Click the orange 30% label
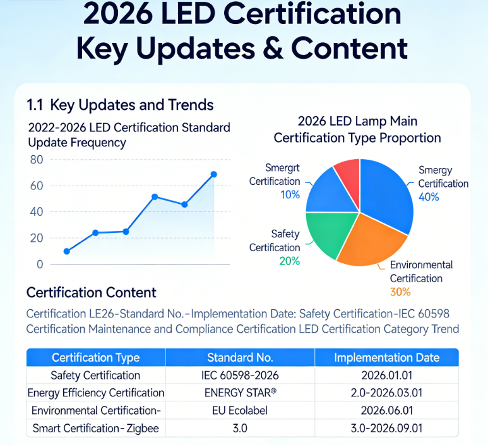coord(400,292)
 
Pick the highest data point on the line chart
coord(213,174)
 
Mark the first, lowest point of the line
coord(67,251)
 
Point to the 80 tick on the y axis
coord(37,160)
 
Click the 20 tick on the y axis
coord(37,238)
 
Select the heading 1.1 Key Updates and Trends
coord(120,105)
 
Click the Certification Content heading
coord(91,293)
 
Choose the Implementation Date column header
coord(386,358)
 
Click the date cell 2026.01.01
coord(386,376)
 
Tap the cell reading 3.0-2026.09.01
coord(386,429)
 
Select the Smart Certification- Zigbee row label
coord(95,429)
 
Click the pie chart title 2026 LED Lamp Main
coord(357,121)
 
